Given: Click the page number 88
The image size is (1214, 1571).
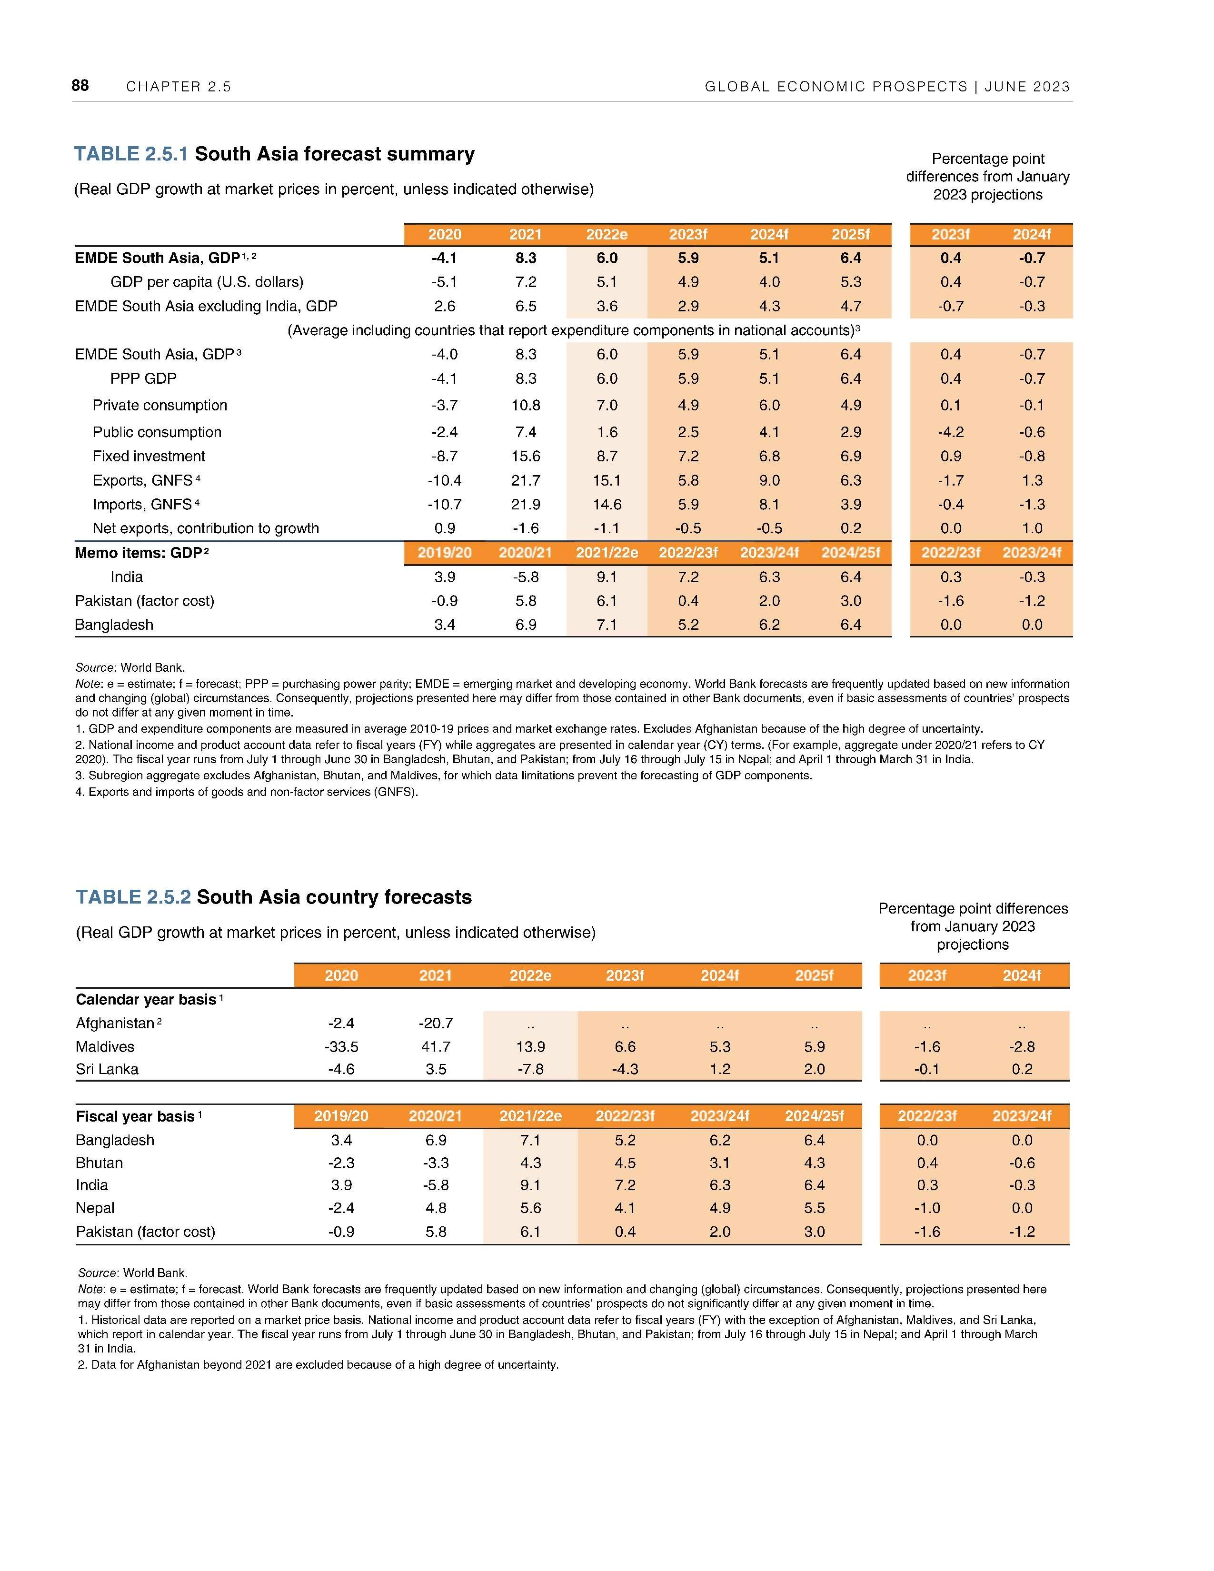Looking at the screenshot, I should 80,86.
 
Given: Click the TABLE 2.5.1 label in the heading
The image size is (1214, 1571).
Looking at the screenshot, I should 131,154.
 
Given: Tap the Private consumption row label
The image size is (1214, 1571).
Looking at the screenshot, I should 159,405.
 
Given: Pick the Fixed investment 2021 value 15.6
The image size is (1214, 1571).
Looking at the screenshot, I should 526,456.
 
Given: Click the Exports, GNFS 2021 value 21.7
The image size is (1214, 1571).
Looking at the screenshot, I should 526,480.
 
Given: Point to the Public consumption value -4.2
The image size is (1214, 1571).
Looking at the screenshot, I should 950,432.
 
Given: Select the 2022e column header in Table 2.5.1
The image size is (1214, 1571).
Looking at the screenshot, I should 607,235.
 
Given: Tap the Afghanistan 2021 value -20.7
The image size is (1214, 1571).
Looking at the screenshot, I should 436,1023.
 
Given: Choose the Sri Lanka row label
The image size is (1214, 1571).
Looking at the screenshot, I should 107,1069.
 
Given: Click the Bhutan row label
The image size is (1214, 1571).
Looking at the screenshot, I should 99,1163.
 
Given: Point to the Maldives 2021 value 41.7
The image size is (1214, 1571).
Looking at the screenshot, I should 436,1046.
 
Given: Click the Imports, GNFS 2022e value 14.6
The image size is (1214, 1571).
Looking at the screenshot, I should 607,504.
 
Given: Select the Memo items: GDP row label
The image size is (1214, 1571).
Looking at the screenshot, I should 137,552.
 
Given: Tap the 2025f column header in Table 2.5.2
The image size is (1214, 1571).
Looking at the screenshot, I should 814,975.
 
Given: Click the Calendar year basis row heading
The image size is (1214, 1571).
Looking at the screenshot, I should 146,999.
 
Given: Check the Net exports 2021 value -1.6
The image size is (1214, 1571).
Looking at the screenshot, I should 526,528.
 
